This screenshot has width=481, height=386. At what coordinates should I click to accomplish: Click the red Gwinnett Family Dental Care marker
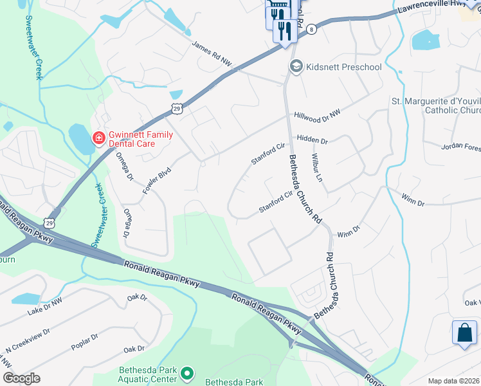point(98,138)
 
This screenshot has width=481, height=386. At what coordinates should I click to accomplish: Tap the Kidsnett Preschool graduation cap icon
point(296,66)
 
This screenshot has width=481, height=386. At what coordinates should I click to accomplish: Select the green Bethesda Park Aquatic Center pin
point(187,373)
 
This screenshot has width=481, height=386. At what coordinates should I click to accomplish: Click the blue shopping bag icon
point(464,333)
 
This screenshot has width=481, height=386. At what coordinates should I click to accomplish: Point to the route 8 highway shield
point(311,29)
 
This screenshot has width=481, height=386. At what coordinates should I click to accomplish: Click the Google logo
point(21,378)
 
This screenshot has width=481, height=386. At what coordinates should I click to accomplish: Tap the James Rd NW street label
point(212,54)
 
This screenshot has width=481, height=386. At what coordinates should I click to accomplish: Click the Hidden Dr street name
point(312,140)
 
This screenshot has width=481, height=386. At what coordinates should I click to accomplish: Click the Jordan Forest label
point(460,147)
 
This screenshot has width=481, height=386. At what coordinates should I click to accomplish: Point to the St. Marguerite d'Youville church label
point(436,106)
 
